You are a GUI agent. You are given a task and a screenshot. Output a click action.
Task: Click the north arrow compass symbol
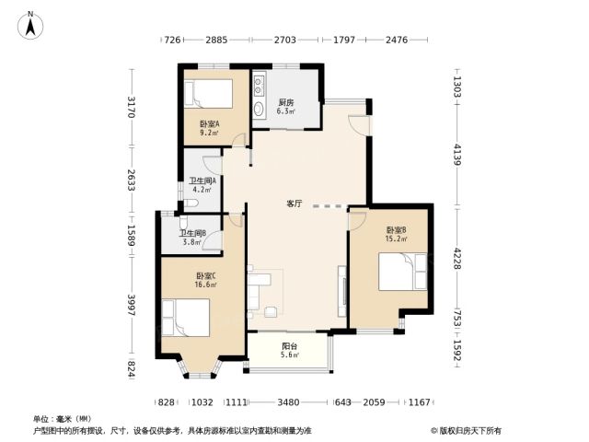[x=30, y=25]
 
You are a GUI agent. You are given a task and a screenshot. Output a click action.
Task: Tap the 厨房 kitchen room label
[x=286, y=102]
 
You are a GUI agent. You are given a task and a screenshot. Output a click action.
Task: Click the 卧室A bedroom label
[x=209, y=123]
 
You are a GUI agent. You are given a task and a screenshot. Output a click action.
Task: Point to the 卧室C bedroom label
[x=205, y=275]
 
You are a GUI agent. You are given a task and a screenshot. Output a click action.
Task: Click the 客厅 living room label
[x=294, y=204]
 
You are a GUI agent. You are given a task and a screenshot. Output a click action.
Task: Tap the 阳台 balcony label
[x=289, y=346]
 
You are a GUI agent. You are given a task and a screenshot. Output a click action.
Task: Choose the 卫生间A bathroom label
[x=202, y=180]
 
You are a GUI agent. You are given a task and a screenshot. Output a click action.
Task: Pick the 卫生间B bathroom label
[x=192, y=233]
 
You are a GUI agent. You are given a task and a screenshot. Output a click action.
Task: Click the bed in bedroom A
[x=209, y=94]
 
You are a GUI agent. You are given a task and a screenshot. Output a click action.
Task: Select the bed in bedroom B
[x=403, y=272]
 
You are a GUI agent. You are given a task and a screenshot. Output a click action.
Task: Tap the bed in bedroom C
[x=186, y=318]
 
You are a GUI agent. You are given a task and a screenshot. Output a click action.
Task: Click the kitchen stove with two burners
[x=260, y=86]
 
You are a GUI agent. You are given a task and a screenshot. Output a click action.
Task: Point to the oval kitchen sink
[x=259, y=109]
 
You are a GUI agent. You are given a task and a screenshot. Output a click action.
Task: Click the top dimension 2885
[x=216, y=40]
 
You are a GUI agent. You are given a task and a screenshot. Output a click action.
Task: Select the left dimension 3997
[x=131, y=305]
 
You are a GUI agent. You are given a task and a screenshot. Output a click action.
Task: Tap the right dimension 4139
[x=456, y=155]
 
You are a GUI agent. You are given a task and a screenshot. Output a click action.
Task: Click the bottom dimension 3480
[x=288, y=402]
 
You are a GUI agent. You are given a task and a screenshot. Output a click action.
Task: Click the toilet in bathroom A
[x=191, y=204]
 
